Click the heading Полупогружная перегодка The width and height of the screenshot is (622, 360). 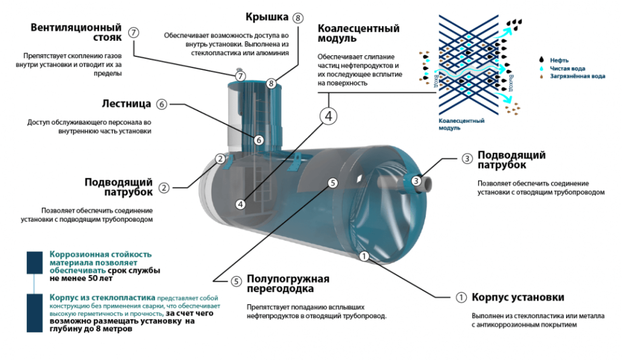click(x=287, y=284)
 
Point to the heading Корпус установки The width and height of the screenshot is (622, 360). click(x=518, y=297)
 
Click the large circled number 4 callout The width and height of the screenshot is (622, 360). click(x=328, y=115)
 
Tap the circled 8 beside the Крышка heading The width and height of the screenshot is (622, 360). click(x=297, y=18)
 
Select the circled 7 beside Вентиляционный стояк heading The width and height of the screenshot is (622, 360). click(x=134, y=33)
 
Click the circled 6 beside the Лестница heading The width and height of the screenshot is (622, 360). click(x=161, y=104)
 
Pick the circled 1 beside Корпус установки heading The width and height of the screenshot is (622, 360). click(x=461, y=297)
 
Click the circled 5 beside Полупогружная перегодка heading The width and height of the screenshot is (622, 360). click(x=236, y=280)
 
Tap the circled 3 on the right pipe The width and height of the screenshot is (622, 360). click(x=415, y=180)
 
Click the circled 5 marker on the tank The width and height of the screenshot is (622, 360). click(x=332, y=182)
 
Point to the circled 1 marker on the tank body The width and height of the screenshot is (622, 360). click(x=363, y=256)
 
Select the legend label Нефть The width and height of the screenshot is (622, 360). click(x=559, y=60)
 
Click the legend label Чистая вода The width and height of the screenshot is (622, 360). click(x=568, y=69)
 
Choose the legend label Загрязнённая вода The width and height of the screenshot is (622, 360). click(x=578, y=77)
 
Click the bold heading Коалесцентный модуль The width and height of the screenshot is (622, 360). click(x=358, y=34)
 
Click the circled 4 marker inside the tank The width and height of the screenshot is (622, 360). click(x=241, y=205)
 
